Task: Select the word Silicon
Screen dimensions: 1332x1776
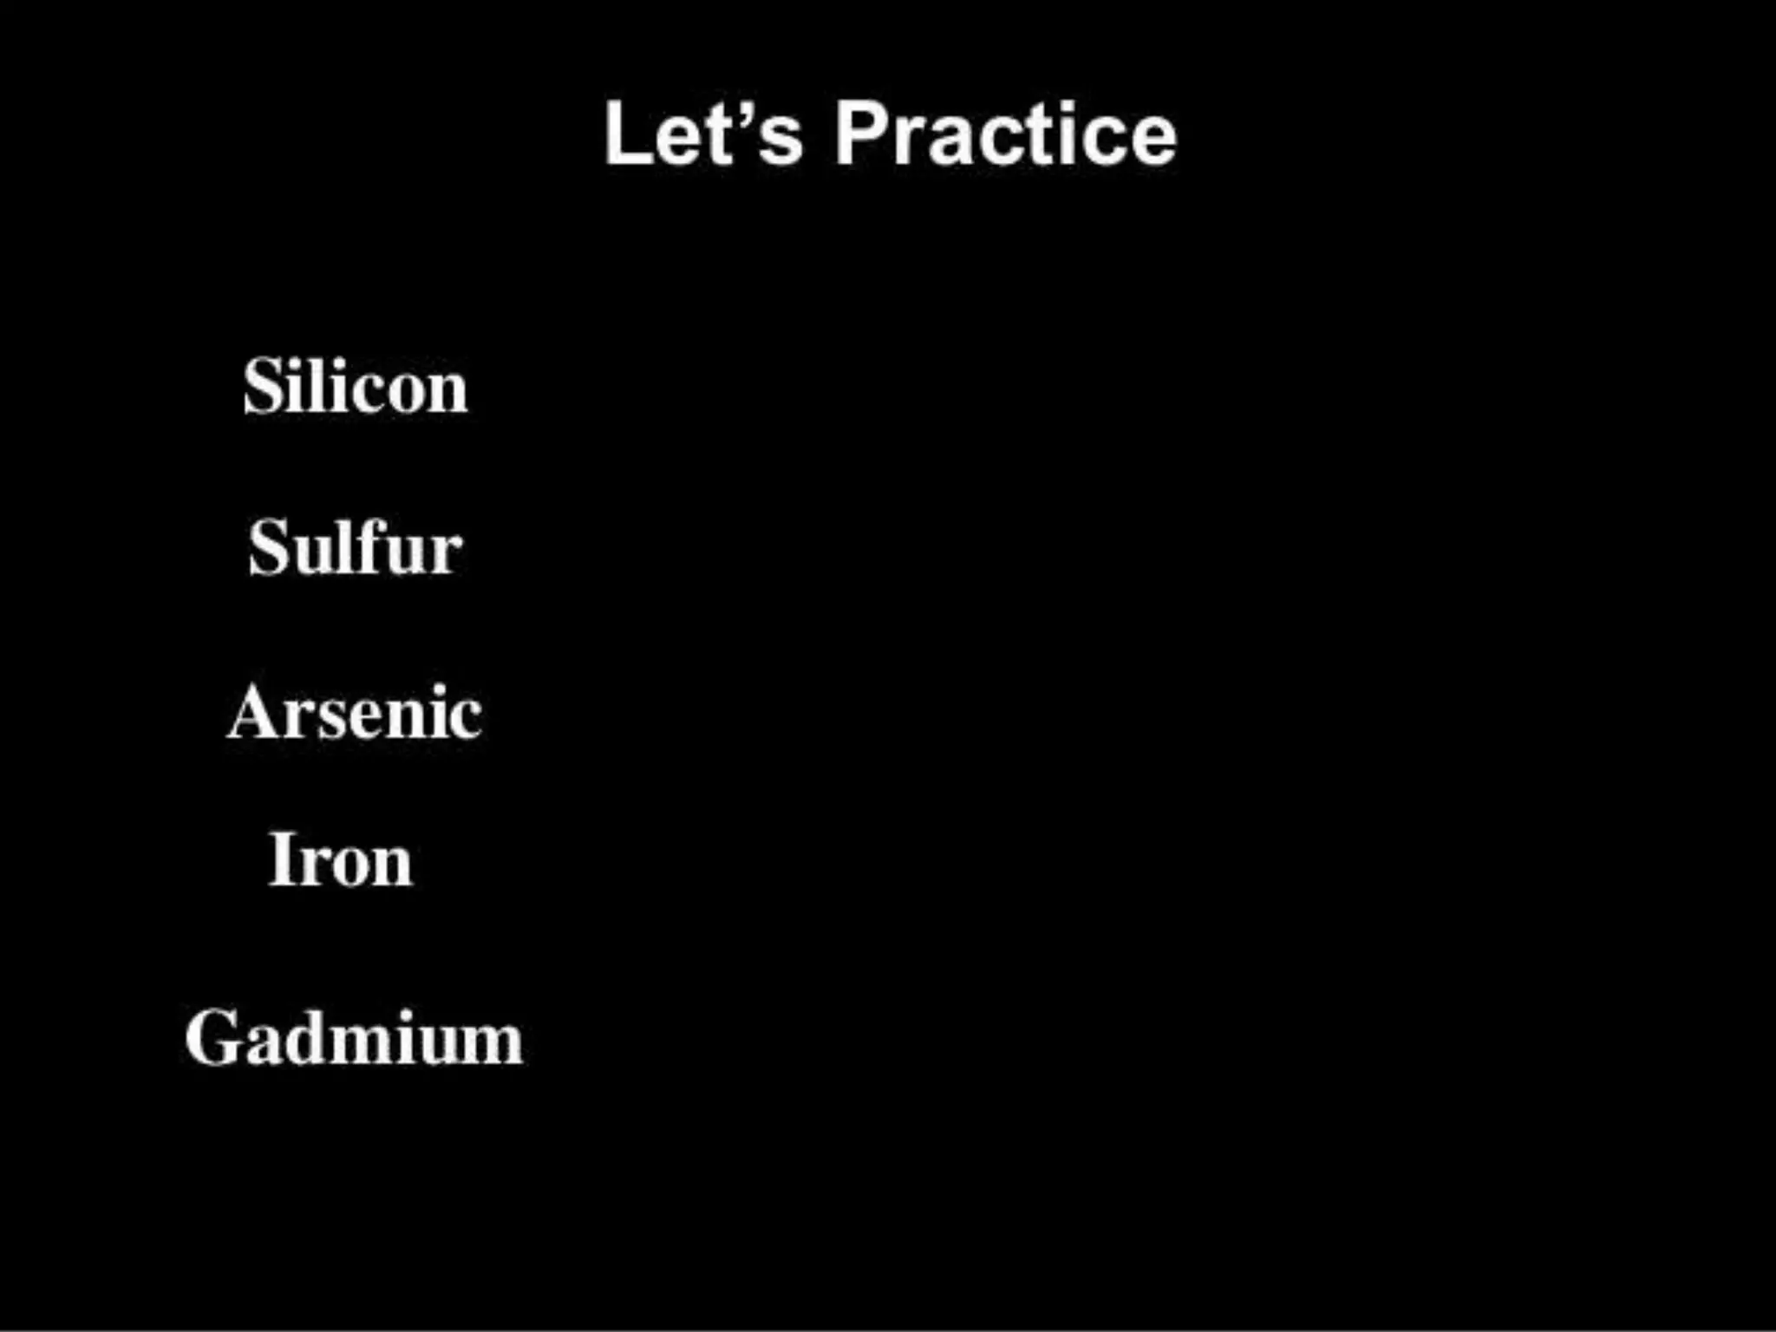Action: pos(356,387)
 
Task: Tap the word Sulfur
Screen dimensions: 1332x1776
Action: pos(356,547)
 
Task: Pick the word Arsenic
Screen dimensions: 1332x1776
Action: pos(355,713)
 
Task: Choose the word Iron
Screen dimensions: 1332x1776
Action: pos(341,860)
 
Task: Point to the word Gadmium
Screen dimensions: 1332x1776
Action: pos(354,1037)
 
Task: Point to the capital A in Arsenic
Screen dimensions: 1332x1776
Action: pos(253,713)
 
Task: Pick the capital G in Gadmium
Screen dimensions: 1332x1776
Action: pos(212,1037)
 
